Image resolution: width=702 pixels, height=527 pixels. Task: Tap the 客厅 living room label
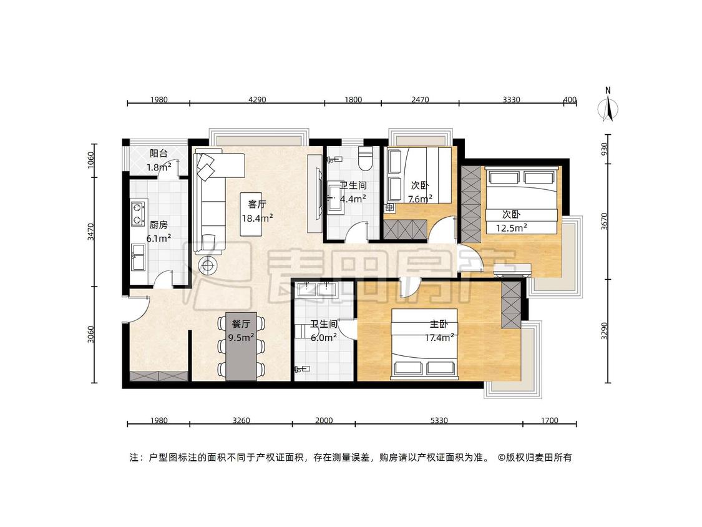(257, 204)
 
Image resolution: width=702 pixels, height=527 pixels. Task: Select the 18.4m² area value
(258, 219)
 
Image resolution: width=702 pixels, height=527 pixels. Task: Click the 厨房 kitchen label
(158, 225)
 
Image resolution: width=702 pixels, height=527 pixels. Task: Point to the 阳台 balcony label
(158, 153)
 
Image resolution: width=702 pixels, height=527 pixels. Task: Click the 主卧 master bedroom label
(439, 324)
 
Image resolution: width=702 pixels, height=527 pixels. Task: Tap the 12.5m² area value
(511, 228)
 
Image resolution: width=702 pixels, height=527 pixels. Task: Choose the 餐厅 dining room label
(241, 324)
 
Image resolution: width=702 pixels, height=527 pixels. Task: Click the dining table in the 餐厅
(241, 347)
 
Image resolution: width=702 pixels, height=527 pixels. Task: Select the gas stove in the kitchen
(139, 214)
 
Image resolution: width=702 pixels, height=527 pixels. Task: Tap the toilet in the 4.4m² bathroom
(366, 158)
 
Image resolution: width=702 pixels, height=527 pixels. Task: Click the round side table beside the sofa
(207, 266)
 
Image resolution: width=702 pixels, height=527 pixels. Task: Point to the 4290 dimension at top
(257, 99)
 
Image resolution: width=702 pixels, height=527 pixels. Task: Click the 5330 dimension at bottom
(439, 420)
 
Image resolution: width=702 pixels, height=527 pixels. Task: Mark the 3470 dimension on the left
(91, 232)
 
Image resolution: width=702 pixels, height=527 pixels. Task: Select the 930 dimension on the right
(605, 149)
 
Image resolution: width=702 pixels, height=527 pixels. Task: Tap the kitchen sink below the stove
(139, 257)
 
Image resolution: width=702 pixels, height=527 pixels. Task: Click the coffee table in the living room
(251, 214)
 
